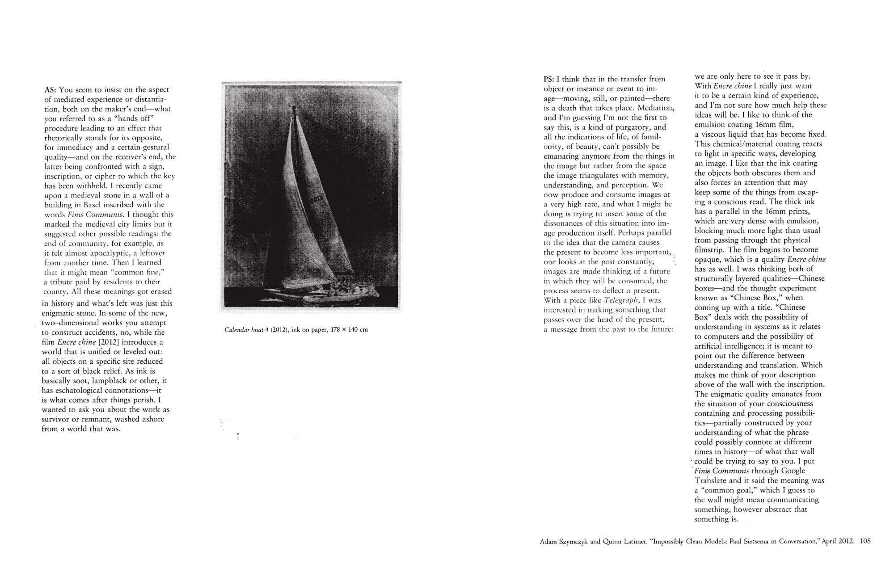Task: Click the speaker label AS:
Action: [x=51, y=89]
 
